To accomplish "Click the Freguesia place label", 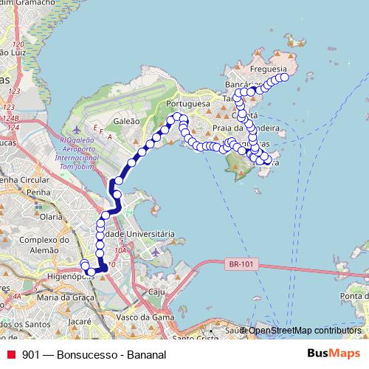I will pyautogui.click(x=269, y=69).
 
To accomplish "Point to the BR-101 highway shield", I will pyautogui.click(x=238, y=262).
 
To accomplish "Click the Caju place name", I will pyautogui.click(x=156, y=292).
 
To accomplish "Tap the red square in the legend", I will pyautogui.click(x=10, y=354).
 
